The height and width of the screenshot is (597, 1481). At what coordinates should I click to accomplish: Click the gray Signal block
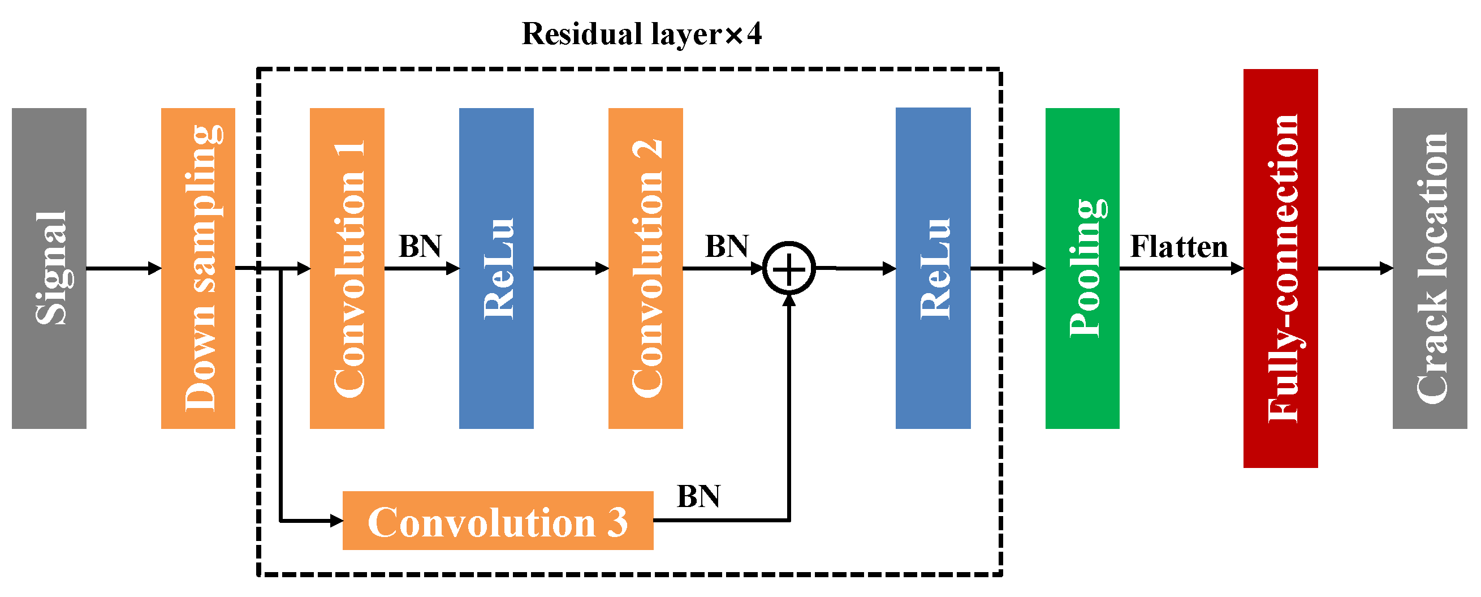pyautogui.click(x=49, y=268)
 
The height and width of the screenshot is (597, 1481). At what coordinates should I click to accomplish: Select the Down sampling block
pyautogui.click(x=198, y=268)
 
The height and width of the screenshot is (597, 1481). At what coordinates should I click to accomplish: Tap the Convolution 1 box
pyautogui.click(x=347, y=268)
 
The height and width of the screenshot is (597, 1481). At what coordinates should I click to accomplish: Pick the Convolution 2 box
pyautogui.click(x=645, y=268)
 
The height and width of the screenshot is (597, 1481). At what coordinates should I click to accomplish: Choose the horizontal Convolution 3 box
pyautogui.click(x=497, y=521)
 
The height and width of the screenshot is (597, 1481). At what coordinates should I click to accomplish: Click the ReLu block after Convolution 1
pyautogui.click(x=496, y=268)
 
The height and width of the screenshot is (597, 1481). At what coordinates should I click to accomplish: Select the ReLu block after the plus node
pyautogui.click(x=932, y=268)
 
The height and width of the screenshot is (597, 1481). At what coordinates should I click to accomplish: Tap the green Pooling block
pyautogui.click(x=1082, y=268)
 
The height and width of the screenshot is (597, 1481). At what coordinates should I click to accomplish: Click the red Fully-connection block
pyautogui.click(x=1280, y=268)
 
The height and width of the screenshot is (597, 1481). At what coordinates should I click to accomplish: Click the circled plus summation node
pyautogui.click(x=789, y=269)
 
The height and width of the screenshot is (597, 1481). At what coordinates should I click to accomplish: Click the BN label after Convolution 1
pyautogui.click(x=420, y=246)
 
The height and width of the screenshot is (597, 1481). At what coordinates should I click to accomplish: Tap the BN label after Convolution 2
pyautogui.click(x=727, y=246)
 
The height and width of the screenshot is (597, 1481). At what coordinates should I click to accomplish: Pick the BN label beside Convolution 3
pyautogui.click(x=698, y=496)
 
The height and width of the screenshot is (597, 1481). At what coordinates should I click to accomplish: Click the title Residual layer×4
pyautogui.click(x=642, y=33)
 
